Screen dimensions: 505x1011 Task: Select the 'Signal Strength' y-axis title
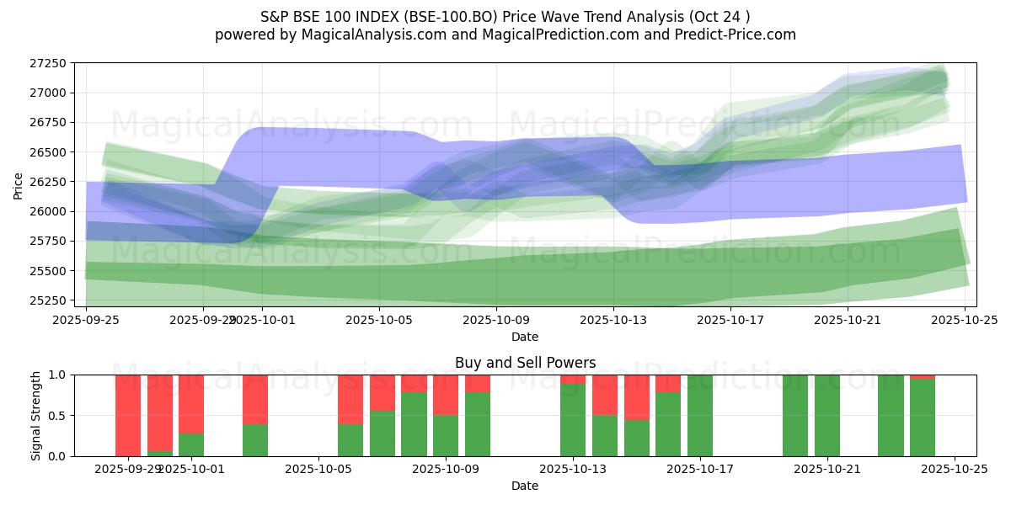coord(35,415)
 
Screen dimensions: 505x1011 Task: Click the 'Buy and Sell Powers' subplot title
coord(525,363)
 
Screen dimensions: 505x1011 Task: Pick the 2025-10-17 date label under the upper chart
coord(730,320)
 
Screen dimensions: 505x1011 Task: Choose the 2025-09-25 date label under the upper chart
coord(86,320)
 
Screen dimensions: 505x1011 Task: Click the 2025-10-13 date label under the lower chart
coord(573,469)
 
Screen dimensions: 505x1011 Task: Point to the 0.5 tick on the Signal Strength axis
coord(61,416)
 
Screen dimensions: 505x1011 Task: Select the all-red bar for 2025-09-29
coord(128,415)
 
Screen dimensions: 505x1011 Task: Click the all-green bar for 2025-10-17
coord(700,415)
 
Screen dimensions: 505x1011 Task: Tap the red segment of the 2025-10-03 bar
coord(255,399)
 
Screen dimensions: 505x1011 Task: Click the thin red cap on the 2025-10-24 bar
coord(923,376)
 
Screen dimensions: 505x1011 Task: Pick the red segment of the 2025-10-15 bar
coord(637,396)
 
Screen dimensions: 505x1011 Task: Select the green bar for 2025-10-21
coord(827,415)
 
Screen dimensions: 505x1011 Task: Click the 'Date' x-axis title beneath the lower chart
coord(525,486)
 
